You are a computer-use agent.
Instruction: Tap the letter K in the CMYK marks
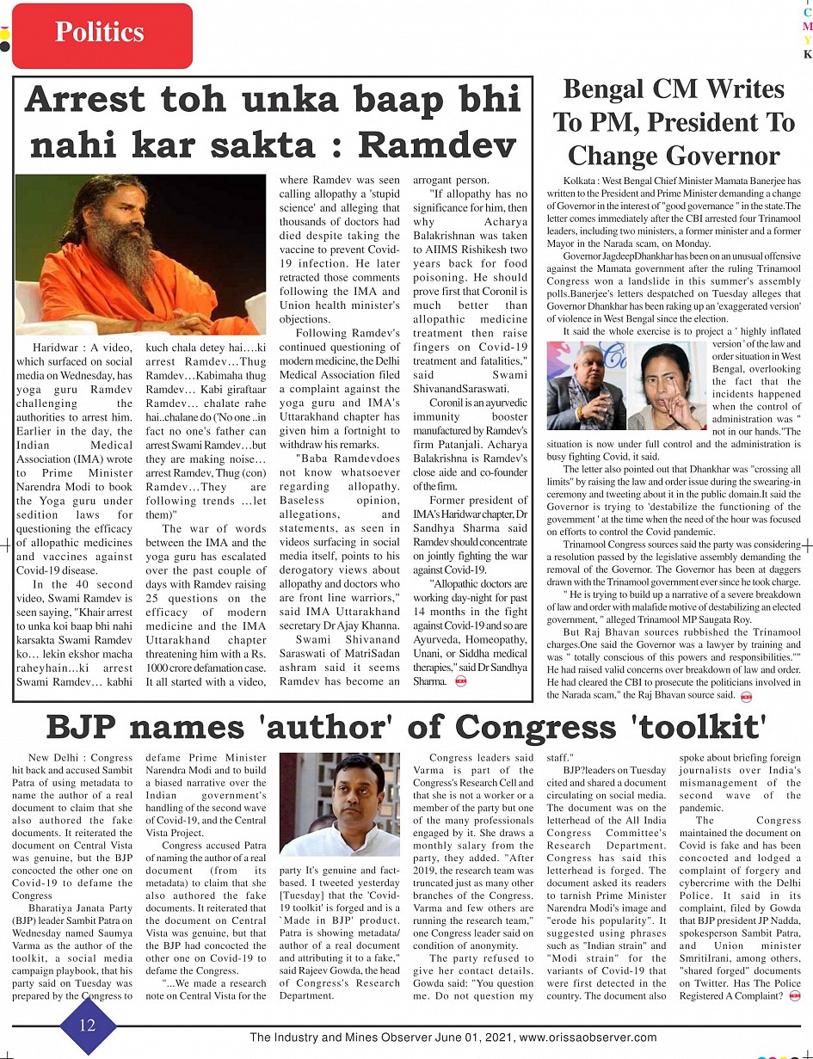[x=807, y=54]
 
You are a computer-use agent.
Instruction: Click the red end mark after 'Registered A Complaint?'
[x=793, y=996]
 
